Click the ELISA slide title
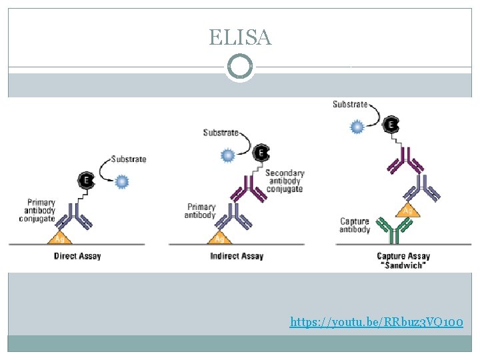pyautogui.click(x=240, y=37)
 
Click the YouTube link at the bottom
pyautogui.click(x=376, y=323)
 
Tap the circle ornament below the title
pyautogui.click(x=240, y=67)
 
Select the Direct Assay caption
pyautogui.click(x=77, y=256)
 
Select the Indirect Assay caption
pyautogui.click(x=237, y=256)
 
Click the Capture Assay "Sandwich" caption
pyautogui.click(x=403, y=260)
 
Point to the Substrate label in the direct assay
pyautogui.click(x=129, y=159)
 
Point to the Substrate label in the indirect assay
pyautogui.click(x=221, y=133)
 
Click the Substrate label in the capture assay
pyautogui.click(x=350, y=104)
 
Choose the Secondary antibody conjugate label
pyautogui.click(x=284, y=181)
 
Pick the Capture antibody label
pyautogui.click(x=355, y=225)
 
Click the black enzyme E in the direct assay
pyautogui.click(x=86, y=180)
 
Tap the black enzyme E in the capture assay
pyautogui.click(x=393, y=125)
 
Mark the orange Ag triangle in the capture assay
pyautogui.click(x=407, y=210)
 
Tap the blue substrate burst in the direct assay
pyautogui.click(x=122, y=181)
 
